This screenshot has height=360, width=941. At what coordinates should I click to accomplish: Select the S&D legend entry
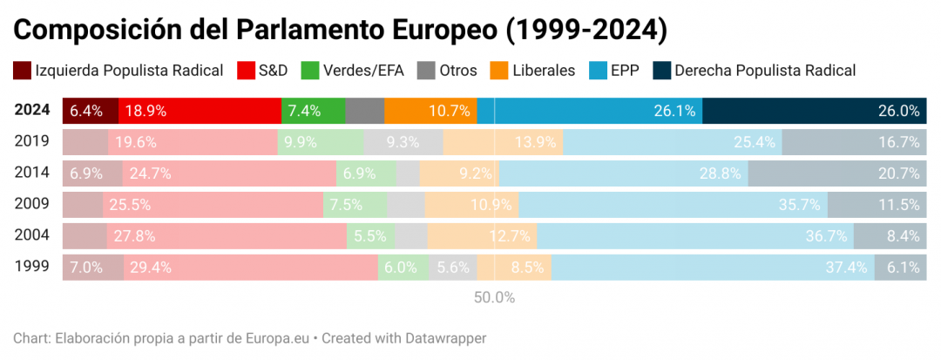(272, 71)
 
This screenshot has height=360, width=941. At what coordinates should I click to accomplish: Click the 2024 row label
(32, 111)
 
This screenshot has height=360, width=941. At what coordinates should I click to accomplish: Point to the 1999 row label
(32, 267)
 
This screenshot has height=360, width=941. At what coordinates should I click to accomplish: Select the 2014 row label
(32, 173)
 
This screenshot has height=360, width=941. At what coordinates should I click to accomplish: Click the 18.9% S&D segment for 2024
(200, 111)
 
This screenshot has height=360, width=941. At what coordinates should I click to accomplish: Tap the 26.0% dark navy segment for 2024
(815, 111)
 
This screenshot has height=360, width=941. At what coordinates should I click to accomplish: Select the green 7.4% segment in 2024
(313, 111)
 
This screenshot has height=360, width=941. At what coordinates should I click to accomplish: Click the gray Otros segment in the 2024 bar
(364, 111)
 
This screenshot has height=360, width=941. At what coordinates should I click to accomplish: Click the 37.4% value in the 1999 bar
(846, 268)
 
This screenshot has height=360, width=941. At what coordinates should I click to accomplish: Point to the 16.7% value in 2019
(899, 142)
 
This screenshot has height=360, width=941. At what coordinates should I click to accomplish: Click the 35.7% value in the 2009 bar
(799, 205)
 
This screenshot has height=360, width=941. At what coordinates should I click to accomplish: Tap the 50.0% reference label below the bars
(494, 297)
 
